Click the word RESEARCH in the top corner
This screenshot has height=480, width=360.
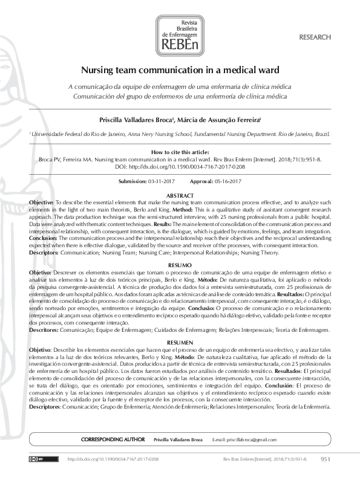(x=315, y=37)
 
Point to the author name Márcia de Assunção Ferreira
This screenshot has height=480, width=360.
(x=225, y=120)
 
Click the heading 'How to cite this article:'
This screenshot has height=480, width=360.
(x=180, y=152)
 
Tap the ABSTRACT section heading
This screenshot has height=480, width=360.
(x=180, y=196)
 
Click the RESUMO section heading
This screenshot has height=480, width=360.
(x=180, y=265)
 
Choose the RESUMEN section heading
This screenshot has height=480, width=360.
(x=180, y=342)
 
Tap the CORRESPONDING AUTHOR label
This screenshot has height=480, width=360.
(x=113, y=438)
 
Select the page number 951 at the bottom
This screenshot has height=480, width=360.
(x=326, y=459)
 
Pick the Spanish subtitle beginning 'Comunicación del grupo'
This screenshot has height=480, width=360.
(x=180, y=96)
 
